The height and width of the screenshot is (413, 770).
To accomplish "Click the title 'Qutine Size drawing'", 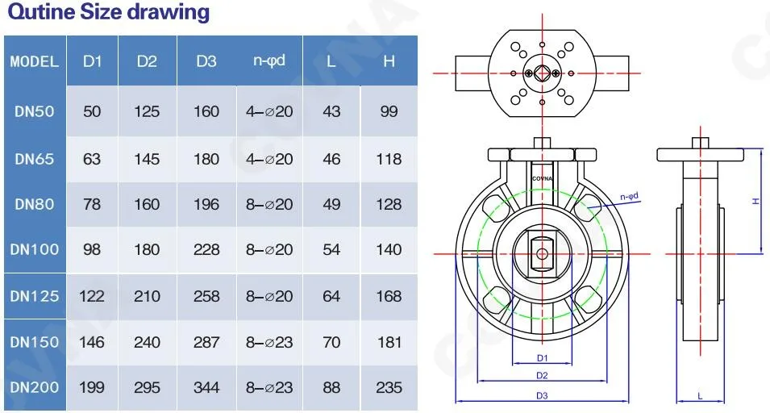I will pos(108,13).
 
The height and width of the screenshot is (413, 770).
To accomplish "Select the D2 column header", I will pos(147,61).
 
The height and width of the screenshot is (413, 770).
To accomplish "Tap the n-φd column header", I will pos(269,61).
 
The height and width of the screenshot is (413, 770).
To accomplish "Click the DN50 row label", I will pos(34,111).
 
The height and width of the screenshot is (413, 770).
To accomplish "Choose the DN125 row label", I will pos(34,296).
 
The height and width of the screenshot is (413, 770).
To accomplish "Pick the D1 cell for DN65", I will pos(92,159).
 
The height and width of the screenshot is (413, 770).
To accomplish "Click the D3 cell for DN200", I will pos(206,387).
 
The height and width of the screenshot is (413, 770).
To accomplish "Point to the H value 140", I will pos(389,249).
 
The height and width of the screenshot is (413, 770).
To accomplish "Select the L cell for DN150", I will pos(331,342).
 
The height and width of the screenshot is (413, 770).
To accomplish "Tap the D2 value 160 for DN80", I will pos(147,204).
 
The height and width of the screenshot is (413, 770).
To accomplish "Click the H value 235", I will pos(389,387).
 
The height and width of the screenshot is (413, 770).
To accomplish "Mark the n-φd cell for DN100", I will pos(269,249).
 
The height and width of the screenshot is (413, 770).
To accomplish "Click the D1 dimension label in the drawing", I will pos(542,357).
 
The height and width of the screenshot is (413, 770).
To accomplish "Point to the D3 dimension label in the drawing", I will pos(542,395).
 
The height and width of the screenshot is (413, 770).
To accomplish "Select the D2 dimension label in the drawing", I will pos(542,376).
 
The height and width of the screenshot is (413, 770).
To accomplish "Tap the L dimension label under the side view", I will pos(699,395).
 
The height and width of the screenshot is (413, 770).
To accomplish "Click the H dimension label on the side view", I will pos(755,201).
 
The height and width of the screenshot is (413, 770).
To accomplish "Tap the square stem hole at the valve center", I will pos(542,253).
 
